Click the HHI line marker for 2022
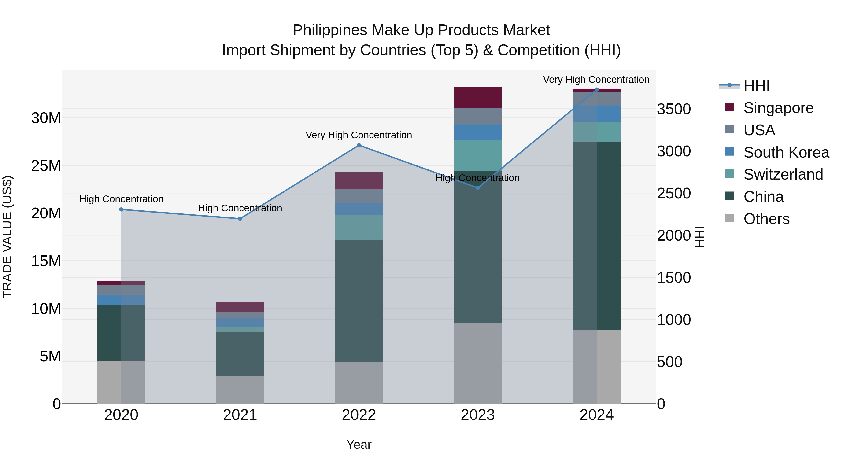coord(359,145)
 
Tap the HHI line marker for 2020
coord(121,209)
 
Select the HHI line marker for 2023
coord(477,188)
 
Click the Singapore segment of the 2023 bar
coord(477,97)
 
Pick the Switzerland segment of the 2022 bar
coord(359,228)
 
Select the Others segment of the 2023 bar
coord(477,363)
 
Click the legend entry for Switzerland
coord(783,174)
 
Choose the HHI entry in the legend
coord(756,86)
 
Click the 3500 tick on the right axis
coord(673,109)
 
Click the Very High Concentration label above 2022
coord(359,135)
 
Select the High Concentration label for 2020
coord(121,199)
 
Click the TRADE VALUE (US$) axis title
coord(7,237)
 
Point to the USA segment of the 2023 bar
coord(477,116)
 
